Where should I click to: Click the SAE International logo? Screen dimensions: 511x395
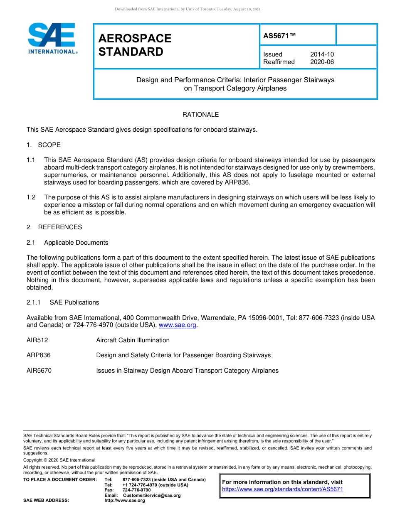click(x=52, y=39)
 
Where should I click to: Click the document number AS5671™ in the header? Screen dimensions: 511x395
click(x=279, y=36)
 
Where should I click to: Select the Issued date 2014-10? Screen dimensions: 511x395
click(x=322, y=54)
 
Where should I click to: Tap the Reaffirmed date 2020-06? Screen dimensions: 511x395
click(x=322, y=62)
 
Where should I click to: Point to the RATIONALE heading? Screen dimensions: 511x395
click(x=200, y=114)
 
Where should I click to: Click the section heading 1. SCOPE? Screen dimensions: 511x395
click(x=44, y=145)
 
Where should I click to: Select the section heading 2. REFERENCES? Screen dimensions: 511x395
click(x=54, y=227)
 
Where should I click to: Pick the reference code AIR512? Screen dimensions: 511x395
click(x=37, y=340)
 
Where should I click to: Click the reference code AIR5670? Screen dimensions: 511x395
click(x=39, y=371)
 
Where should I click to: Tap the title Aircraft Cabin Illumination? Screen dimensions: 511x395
click(x=133, y=340)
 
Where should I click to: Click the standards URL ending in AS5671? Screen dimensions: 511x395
click(x=282, y=489)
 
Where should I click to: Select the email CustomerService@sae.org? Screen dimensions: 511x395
click(x=152, y=495)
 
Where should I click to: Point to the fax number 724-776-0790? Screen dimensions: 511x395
click(x=136, y=490)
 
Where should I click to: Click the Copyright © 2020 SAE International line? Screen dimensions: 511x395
click(x=59, y=460)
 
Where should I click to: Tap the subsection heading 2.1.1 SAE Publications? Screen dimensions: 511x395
click(x=63, y=302)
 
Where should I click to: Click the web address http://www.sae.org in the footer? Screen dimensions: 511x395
click(x=124, y=501)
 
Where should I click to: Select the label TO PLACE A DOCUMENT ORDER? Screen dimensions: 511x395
click(x=60, y=480)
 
